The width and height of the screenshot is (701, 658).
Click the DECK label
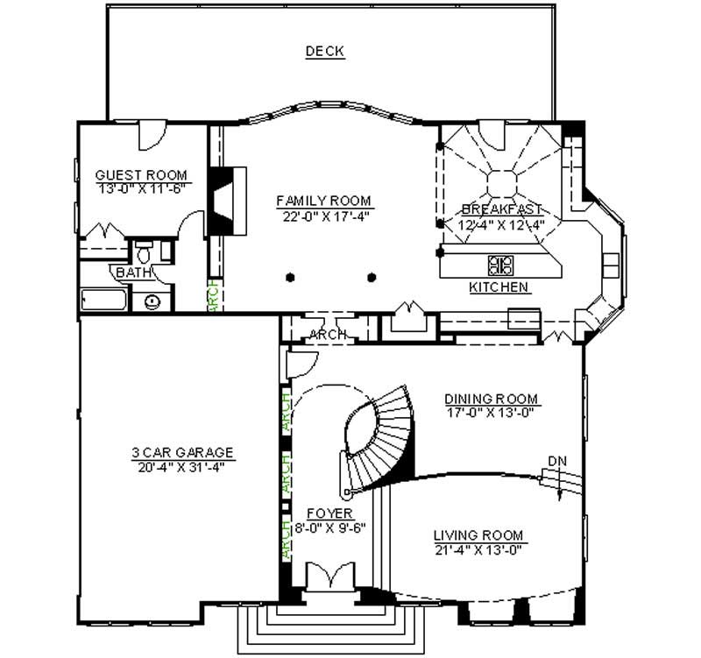(324, 52)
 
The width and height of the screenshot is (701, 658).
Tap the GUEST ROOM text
(141, 175)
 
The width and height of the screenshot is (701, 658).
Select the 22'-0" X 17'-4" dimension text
(323, 216)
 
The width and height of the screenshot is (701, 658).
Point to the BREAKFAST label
(501, 209)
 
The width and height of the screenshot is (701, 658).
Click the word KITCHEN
(498, 287)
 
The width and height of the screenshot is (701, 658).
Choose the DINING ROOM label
(491, 399)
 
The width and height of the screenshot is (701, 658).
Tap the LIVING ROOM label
(478, 534)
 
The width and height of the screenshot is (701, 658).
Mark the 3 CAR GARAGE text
(182, 452)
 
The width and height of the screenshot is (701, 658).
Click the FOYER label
(329, 513)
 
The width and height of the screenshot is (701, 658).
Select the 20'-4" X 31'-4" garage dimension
(182, 467)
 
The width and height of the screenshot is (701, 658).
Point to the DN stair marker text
(556, 461)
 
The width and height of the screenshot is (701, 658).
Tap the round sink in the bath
(152, 301)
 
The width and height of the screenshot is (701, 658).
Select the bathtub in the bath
(102, 301)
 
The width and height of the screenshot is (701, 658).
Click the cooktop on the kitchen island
(500, 263)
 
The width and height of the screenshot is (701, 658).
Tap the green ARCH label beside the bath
(212, 295)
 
